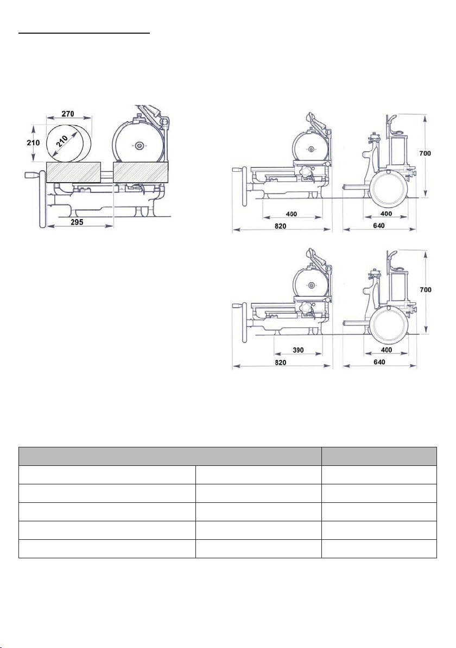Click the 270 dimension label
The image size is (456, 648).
68,113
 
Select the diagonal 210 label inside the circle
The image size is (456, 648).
62,142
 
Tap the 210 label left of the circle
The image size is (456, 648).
33,142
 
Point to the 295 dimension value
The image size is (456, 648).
77,222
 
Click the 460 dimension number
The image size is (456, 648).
292,214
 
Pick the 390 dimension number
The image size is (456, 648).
298,350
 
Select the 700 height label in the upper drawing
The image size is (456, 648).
425,153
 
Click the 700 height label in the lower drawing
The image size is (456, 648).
426,290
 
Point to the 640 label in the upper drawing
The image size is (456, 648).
378,226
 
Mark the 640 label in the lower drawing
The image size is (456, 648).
379,362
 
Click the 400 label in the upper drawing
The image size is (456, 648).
387,214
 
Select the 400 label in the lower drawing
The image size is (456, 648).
387,350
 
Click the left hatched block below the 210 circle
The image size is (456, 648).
74,172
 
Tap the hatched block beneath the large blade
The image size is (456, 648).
141,172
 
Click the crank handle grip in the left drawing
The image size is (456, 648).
32,176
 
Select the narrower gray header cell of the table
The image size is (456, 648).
379,456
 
